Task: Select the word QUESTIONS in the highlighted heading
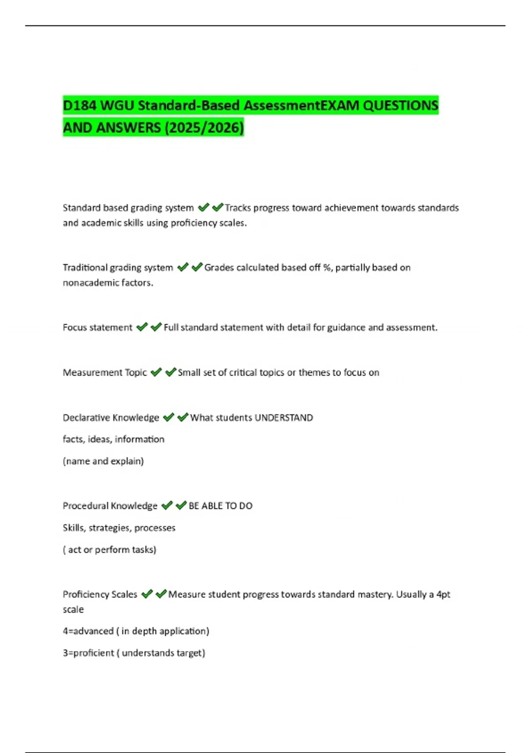(x=400, y=106)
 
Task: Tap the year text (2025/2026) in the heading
(x=204, y=128)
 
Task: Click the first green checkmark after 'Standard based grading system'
(x=203, y=207)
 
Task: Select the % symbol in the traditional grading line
(x=327, y=268)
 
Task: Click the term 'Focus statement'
(x=97, y=327)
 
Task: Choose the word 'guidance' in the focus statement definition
(x=346, y=327)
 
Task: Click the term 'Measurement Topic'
(x=104, y=373)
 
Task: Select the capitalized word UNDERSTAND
(x=284, y=418)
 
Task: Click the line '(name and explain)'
(x=103, y=461)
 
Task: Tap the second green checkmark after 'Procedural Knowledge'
(x=181, y=505)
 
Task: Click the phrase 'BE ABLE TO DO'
(x=220, y=506)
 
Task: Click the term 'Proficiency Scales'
(x=100, y=594)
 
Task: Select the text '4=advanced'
(x=88, y=631)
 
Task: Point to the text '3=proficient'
(x=88, y=653)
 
